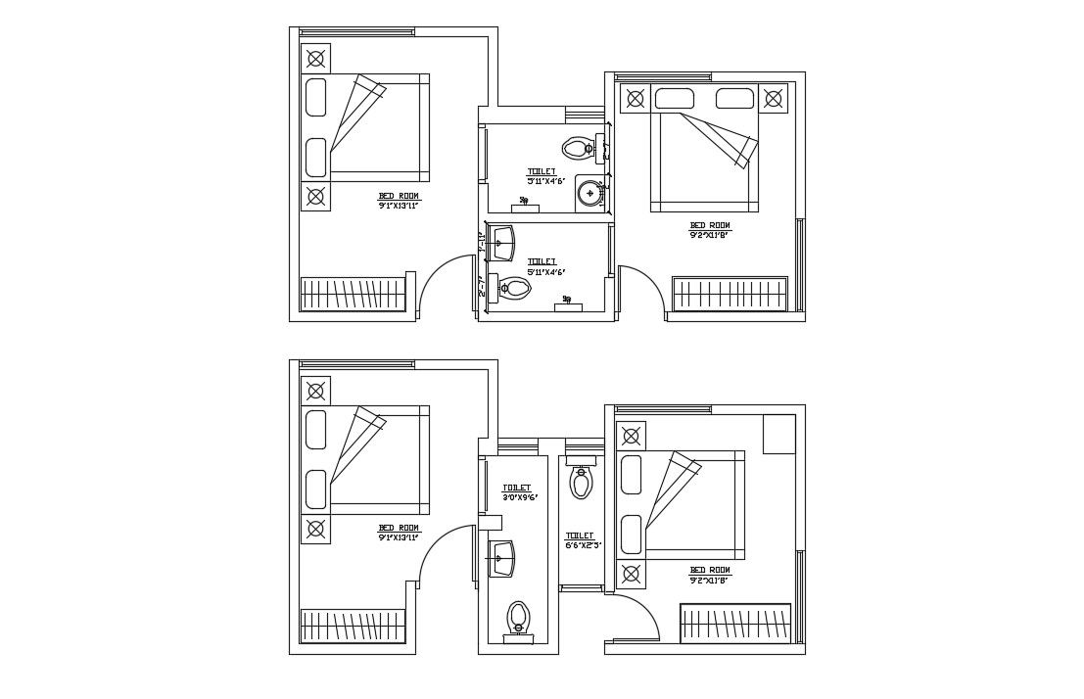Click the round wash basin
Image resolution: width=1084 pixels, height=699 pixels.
click(x=589, y=192)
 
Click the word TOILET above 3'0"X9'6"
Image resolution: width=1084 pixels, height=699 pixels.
click(x=516, y=488)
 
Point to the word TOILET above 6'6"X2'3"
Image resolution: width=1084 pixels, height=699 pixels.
click(x=579, y=536)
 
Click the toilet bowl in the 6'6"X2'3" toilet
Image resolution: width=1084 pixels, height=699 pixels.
click(x=582, y=482)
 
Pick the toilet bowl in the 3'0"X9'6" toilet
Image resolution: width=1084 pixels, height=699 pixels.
click(x=518, y=618)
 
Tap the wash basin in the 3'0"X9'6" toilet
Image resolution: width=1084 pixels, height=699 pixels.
click(x=502, y=558)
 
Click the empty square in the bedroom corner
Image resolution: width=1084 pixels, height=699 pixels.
click(x=778, y=434)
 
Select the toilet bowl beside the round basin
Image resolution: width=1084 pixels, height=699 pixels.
click(x=577, y=149)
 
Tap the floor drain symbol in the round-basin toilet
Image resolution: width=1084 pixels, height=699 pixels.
click(x=525, y=202)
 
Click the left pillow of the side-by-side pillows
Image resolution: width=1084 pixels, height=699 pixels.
click(x=674, y=99)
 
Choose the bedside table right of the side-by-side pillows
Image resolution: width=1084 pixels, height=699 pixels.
click(x=774, y=98)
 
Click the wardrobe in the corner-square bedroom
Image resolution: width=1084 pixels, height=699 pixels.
click(x=734, y=623)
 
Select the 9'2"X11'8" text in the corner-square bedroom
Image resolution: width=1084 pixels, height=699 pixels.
click(x=709, y=579)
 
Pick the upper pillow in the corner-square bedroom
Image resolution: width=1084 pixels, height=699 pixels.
click(x=631, y=475)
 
